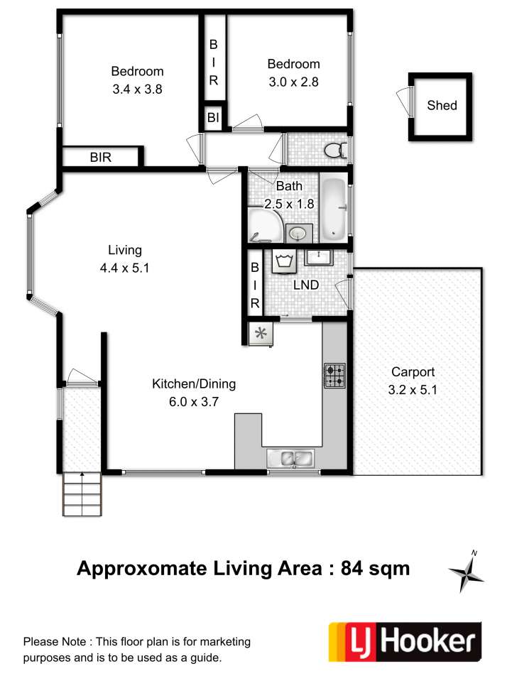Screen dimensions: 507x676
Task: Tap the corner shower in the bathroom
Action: [x=265, y=226]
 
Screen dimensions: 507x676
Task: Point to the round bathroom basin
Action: [x=299, y=233]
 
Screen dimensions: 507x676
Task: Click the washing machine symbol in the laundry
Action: [x=284, y=261]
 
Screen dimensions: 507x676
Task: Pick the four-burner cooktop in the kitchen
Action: [x=335, y=376]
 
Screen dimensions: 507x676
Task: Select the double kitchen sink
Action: [x=290, y=459]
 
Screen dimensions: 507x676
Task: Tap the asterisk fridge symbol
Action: [x=261, y=333]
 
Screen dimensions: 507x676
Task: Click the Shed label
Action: [x=442, y=105]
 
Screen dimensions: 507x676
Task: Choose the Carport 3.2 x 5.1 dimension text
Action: [x=413, y=390]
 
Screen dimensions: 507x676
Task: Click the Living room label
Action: [x=124, y=250]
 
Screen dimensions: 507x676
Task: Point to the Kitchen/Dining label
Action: [x=194, y=383]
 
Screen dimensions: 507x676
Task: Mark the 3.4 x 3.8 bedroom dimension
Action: [x=137, y=89]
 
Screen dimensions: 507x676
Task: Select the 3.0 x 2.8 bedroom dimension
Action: [x=293, y=82]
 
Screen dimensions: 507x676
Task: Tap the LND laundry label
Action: [x=306, y=285]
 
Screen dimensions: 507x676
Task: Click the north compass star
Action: [x=467, y=573]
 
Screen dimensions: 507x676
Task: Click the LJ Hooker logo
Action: [x=405, y=642]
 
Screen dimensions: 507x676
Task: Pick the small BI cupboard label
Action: [x=214, y=117]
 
